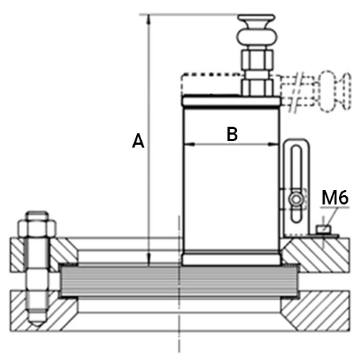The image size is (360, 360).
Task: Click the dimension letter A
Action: [x=138, y=141]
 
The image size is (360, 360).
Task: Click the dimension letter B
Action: [x=232, y=134]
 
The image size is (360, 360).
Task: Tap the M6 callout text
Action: [x=335, y=197]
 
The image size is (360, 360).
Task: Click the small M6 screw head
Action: [x=323, y=229]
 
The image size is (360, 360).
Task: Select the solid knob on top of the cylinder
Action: [x=256, y=31]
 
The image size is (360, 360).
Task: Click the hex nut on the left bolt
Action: [x=37, y=228]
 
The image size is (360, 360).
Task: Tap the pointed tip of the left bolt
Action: [x=37, y=325]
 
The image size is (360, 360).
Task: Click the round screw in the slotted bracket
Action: [x=296, y=199]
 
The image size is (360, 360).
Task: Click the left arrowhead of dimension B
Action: [x=189, y=145]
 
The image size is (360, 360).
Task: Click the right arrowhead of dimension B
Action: [x=274, y=144]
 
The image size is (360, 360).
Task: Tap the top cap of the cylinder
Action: [x=230, y=102]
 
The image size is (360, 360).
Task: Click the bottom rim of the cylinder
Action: [x=231, y=258]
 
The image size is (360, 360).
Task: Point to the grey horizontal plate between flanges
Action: [x=179, y=281]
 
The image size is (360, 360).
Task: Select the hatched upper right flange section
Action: [x=316, y=255]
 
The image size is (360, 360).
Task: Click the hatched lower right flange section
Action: [x=316, y=310]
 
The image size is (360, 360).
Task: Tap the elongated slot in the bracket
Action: [x=296, y=184]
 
